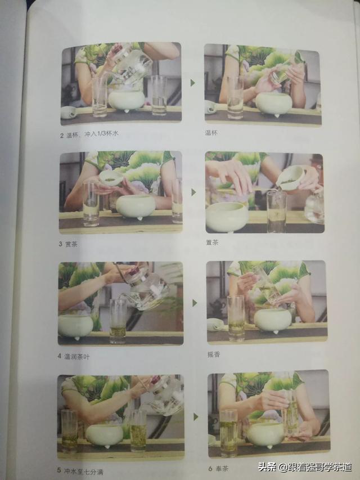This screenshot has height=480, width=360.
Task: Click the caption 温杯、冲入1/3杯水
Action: tap(92, 134)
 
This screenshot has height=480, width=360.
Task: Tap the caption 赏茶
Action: tap(71, 244)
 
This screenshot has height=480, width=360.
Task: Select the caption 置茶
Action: tap(212, 243)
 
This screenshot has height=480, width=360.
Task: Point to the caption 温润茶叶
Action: tap(77, 356)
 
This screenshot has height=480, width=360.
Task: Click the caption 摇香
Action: tap(213, 355)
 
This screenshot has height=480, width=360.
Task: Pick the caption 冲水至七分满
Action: tap(83, 471)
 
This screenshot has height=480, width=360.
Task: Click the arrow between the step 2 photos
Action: tap(193, 83)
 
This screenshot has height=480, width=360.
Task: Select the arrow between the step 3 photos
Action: tap(193, 192)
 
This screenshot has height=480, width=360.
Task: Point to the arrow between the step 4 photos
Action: tap(195, 303)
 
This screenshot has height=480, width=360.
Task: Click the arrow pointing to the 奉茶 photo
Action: tap(196, 417)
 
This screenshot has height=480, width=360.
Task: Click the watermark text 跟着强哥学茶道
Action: tap(318, 468)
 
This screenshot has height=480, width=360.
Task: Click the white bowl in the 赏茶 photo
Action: tap(136, 207)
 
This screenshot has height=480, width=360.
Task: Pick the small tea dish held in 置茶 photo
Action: tap(290, 178)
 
